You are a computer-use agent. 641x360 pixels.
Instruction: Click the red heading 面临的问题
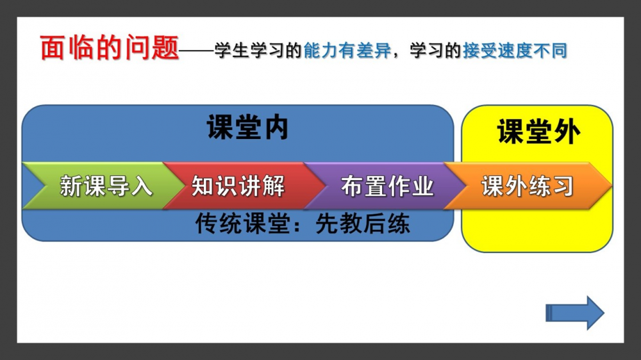(x=110, y=48)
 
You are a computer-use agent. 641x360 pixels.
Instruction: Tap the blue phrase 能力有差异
(x=347, y=51)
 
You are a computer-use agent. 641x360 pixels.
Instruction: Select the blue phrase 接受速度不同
(x=515, y=51)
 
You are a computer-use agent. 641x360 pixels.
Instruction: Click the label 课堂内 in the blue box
(x=247, y=127)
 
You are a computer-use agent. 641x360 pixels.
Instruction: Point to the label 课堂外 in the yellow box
(x=538, y=131)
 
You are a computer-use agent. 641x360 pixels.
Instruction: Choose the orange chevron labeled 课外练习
(x=528, y=186)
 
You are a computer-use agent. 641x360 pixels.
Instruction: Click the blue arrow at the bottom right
(x=575, y=313)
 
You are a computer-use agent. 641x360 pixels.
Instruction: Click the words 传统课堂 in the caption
(x=243, y=224)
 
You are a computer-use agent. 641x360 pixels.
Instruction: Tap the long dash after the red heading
(x=197, y=51)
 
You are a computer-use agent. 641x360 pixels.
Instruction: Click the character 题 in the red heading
(x=165, y=48)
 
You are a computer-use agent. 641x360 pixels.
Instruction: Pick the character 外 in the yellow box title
(x=567, y=131)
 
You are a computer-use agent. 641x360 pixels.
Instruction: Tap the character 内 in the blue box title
(x=276, y=127)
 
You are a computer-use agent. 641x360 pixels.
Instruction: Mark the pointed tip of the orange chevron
(x=612, y=186)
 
